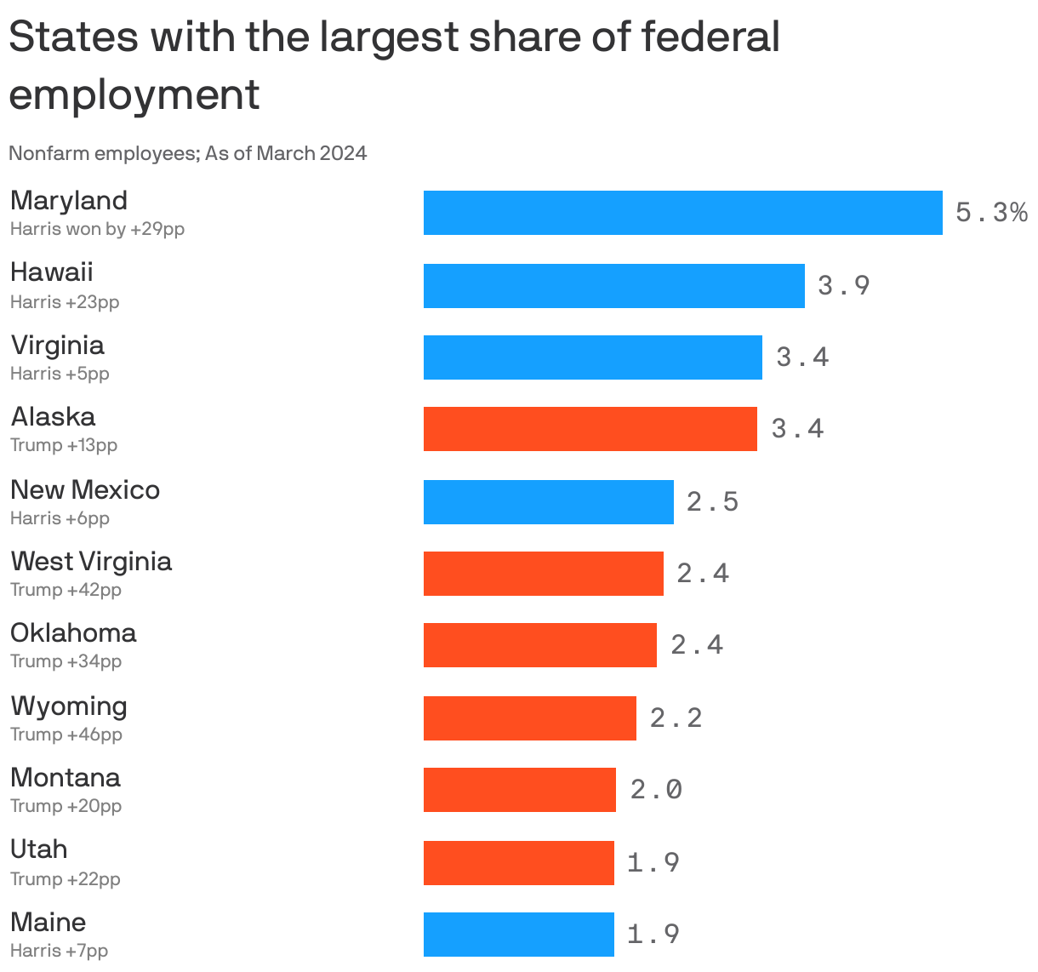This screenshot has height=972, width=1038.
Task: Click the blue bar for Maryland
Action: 682,213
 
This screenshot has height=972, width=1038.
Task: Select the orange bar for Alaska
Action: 590,429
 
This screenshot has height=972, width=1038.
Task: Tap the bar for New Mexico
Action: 548,502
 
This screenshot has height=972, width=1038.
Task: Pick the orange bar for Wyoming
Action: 529,718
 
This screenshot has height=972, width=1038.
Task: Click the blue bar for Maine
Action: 518,935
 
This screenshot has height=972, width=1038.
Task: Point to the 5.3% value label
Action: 991,212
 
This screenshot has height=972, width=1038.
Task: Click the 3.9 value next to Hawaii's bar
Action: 843,285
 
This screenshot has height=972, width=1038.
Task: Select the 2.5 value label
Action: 712,502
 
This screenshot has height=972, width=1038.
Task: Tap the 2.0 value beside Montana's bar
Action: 656,790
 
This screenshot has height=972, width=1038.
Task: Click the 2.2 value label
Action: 676,718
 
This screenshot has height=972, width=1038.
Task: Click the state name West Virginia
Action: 91,562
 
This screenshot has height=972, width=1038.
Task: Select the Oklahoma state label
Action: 73,633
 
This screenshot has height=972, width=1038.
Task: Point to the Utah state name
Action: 38,849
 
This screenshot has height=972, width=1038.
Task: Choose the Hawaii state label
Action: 51,272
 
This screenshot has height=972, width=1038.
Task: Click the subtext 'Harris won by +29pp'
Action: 97,229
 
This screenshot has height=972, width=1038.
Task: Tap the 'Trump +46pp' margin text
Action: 66,735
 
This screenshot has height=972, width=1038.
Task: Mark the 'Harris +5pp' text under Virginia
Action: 60,374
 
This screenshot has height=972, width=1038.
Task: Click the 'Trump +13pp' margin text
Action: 64,445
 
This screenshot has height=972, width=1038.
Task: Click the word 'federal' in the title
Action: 710,37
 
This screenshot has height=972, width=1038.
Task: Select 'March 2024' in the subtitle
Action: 311,153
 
